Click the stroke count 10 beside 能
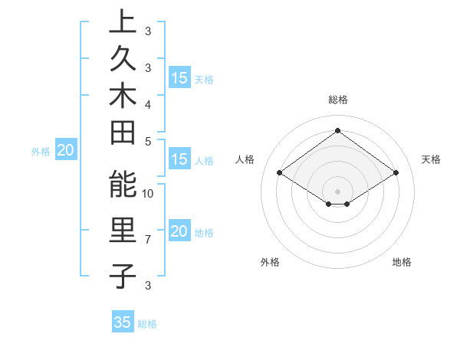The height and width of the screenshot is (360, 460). coord(148,193)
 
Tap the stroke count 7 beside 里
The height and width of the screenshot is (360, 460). coord(148,240)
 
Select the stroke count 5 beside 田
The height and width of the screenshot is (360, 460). coord(148,141)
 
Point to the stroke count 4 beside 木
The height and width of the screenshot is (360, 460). coord(148,103)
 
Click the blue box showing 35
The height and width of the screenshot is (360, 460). coord(123,322)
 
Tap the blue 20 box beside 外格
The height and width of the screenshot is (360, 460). coord(65,151)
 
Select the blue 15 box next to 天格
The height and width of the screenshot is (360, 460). coord(179,78)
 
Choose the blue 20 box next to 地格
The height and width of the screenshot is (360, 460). coord(179,232)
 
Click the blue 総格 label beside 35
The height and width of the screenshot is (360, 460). coord(147,323)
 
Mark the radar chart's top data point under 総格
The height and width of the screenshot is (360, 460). coord(337,131)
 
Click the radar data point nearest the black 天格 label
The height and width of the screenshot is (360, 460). coord(396,173)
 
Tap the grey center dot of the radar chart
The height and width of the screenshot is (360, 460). coord(337,191)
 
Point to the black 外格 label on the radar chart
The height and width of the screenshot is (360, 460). coord(270,262)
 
